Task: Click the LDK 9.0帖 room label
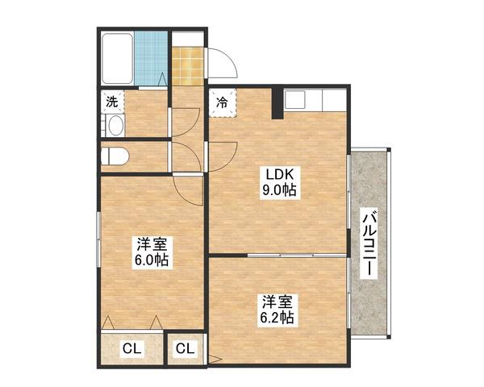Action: (x=279, y=183)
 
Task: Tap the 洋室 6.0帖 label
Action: (x=152, y=252)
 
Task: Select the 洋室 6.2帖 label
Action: (x=277, y=310)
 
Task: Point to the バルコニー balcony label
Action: (x=369, y=243)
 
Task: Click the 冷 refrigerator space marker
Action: (x=223, y=102)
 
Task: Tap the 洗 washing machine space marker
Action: (x=112, y=102)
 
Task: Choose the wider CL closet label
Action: (x=132, y=349)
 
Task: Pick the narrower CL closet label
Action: (x=186, y=348)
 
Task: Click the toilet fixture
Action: (x=115, y=156)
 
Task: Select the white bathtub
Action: (x=118, y=59)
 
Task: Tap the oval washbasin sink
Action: (x=116, y=126)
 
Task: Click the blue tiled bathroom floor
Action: (x=151, y=59)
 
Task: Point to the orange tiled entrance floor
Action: (x=188, y=66)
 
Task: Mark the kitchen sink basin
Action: (x=295, y=99)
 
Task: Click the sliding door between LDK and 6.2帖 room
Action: (x=296, y=256)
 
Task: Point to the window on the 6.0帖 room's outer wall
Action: (x=98, y=239)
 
